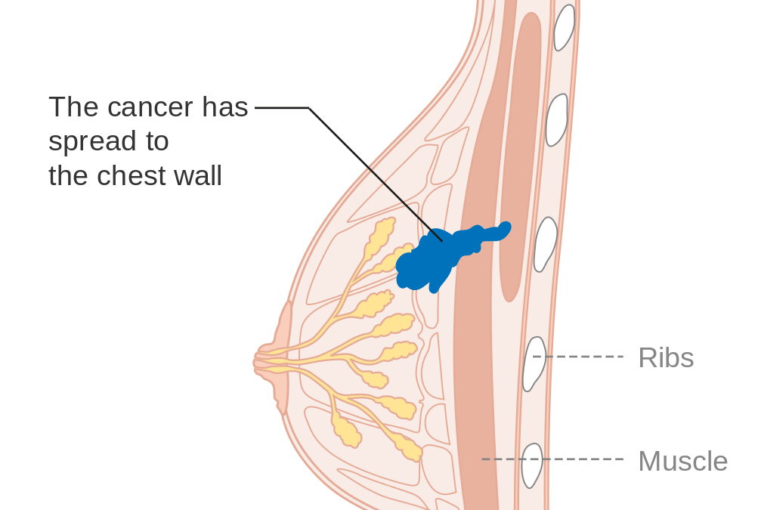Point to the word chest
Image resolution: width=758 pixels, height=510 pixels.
click(133, 175)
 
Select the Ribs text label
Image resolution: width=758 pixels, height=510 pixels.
click(666, 357)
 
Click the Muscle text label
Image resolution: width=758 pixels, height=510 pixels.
click(682, 461)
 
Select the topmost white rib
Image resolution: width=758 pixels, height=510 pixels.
click(564, 26)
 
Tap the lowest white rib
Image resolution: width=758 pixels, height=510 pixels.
click(533, 465)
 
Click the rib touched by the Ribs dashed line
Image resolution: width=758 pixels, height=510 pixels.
click(534, 363)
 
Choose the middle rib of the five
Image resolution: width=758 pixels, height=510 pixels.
click(545, 243)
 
